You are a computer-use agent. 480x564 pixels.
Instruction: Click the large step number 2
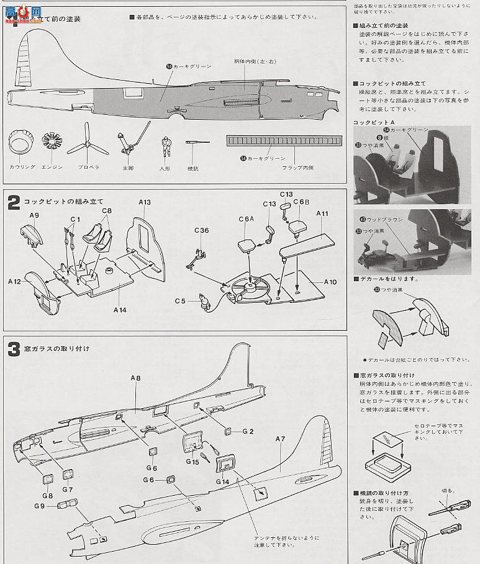tap(14, 203)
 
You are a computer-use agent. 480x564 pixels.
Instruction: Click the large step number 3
tap(14, 349)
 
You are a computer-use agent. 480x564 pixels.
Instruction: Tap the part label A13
tap(145, 202)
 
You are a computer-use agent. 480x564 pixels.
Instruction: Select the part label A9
tap(35, 215)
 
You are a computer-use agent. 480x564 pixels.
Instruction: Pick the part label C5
tap(180, 301)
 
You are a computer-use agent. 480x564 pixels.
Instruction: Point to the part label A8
tap(136, 377)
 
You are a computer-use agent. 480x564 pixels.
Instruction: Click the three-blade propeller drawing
tap(83, 147)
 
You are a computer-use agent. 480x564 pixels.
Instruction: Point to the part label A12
tap(14, 282)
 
